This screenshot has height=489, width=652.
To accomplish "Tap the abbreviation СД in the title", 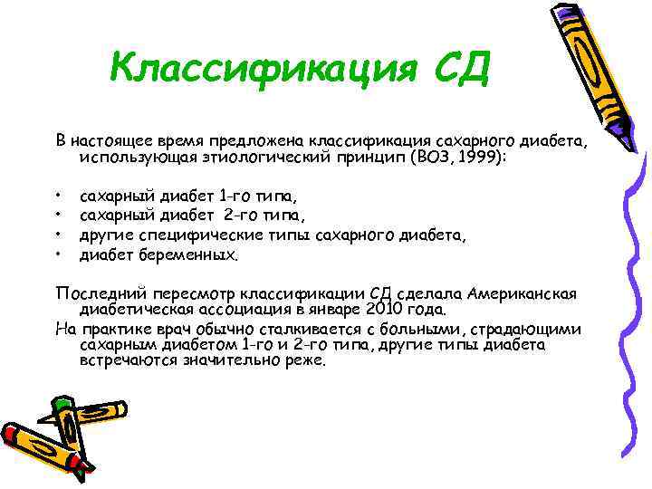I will pos(456,68).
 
